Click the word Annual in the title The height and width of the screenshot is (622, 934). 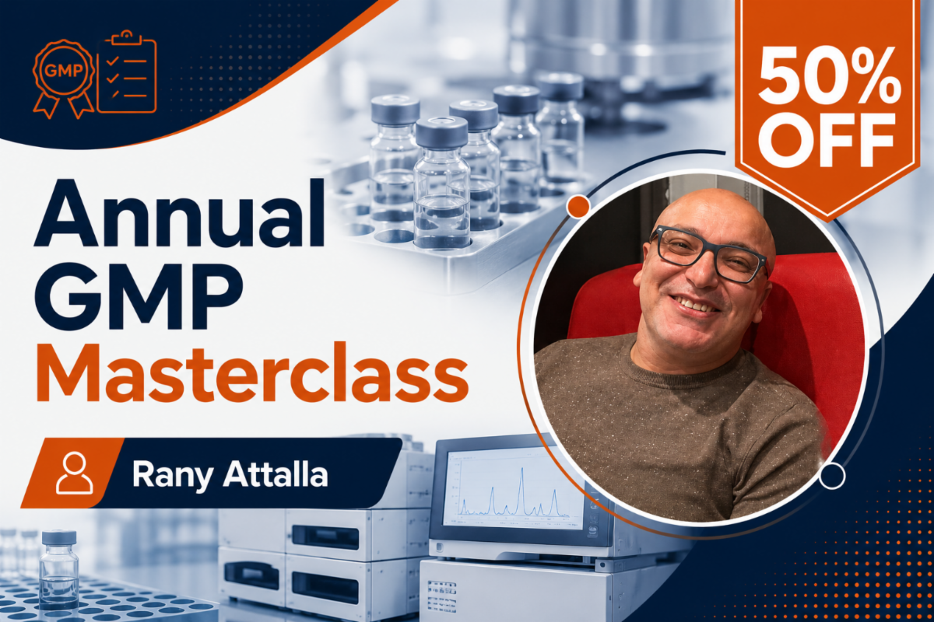coord(179,214)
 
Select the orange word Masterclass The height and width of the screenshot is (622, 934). coord(252,372)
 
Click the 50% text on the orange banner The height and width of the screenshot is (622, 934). coord(827,74)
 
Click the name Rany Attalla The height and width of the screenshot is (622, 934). coord(230,475)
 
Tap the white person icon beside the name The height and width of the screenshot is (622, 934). coord(75,473)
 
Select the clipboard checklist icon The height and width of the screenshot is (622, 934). coord(127,72)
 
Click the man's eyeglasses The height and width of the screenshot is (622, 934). coord(709,253)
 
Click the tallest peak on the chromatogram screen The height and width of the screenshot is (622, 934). coord(521,470)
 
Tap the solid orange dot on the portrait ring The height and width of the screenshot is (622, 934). coord(578,206)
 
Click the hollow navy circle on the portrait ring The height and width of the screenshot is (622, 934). coord(832,475)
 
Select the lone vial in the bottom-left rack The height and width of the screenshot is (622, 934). coord(59,569)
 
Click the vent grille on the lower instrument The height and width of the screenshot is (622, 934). coord(441,596)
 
